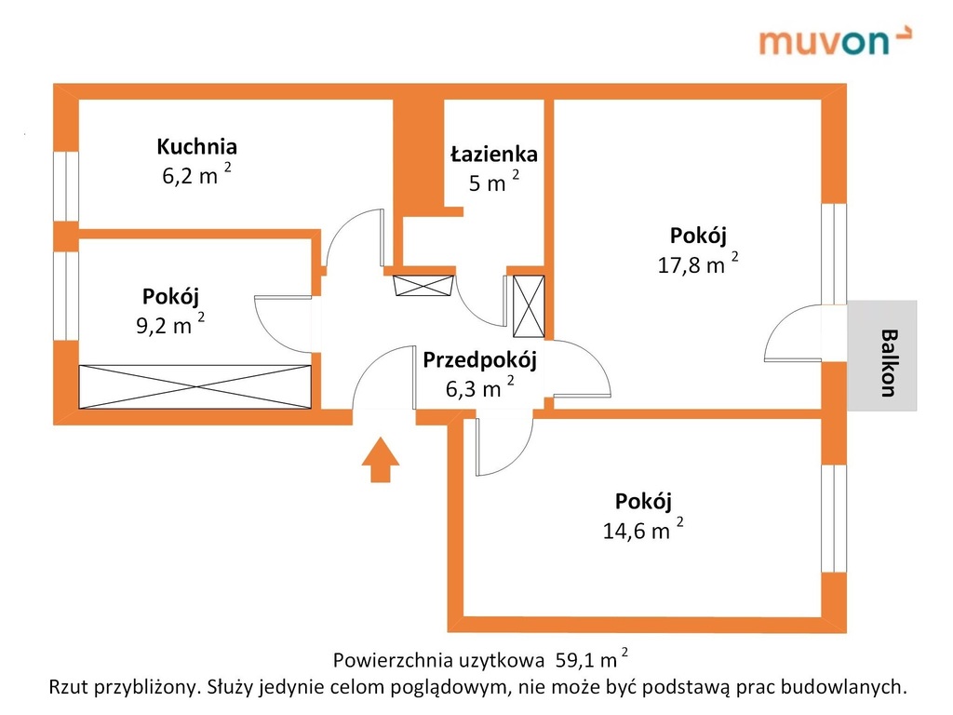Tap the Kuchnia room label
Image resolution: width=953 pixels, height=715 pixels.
pos(196,146)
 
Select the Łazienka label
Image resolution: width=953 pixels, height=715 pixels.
pos(493,154)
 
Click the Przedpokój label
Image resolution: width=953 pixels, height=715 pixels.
pos(479,360)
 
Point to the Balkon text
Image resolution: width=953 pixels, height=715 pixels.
pos(889,362)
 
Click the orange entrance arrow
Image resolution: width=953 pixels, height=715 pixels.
pos(380,461)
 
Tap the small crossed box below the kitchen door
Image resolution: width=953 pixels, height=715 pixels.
pos(423,286)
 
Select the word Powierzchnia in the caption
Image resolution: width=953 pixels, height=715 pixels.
pos(392,661)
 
